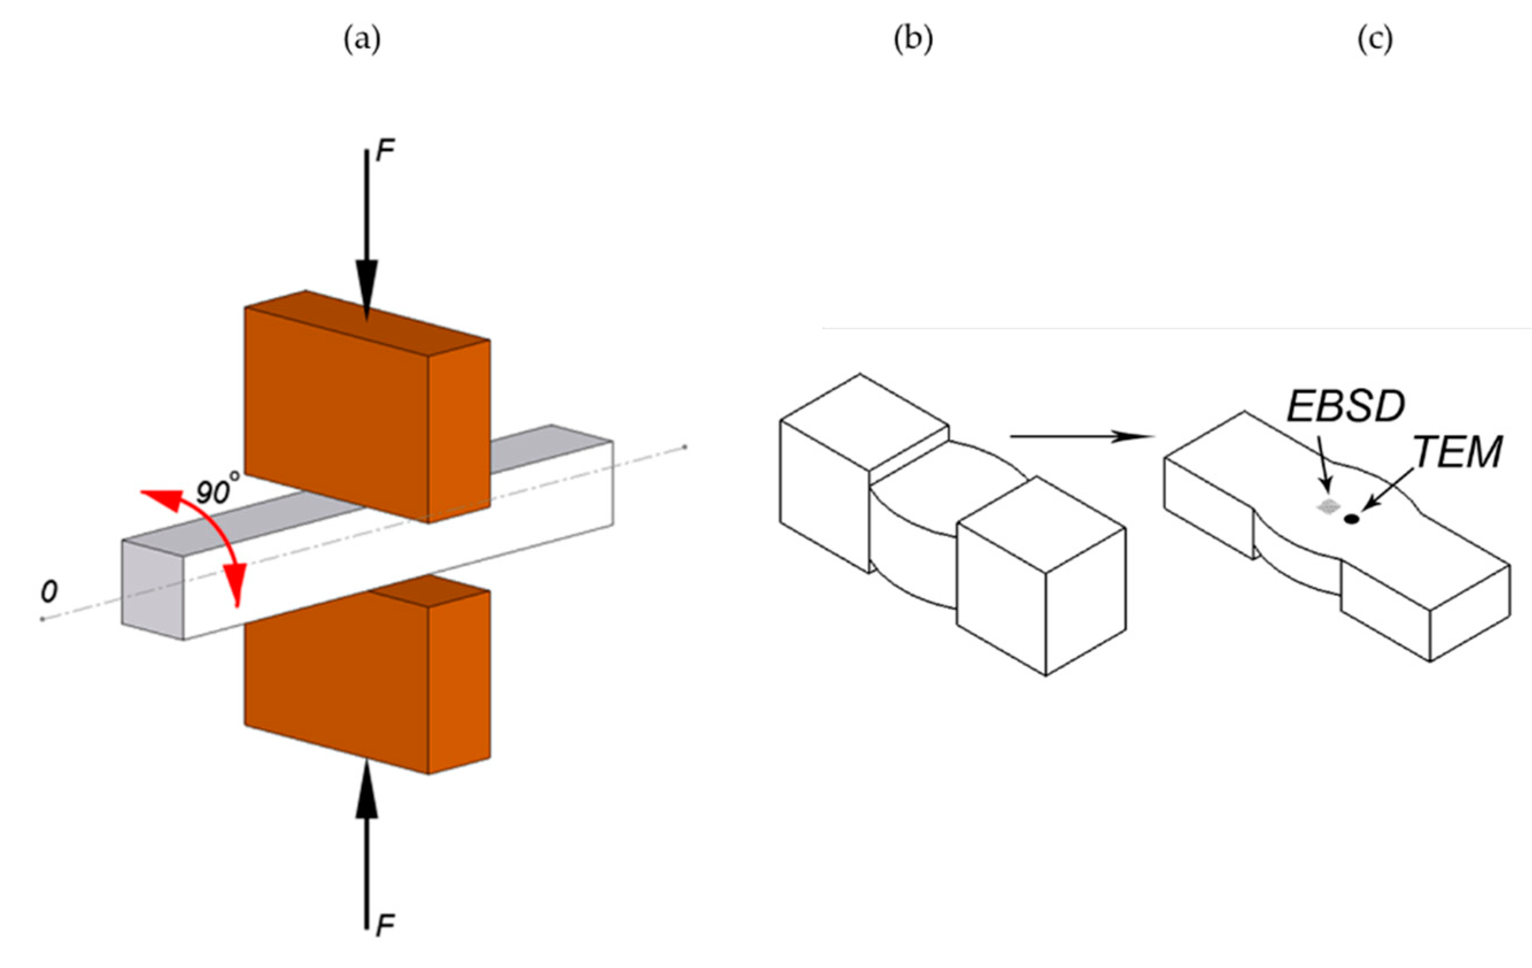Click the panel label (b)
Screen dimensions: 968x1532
(913, 41)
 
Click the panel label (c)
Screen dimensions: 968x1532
(1375, 41)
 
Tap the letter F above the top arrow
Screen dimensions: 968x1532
(385, 152)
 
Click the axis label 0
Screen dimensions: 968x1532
(49, 592)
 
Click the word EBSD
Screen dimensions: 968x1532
(1345, 406)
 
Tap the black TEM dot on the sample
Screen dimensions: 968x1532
(1351, 520)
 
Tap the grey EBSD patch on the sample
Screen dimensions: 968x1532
(1327, 506)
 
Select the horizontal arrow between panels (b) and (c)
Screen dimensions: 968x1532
(1082, 436)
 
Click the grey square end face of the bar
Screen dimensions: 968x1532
(153, 588)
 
